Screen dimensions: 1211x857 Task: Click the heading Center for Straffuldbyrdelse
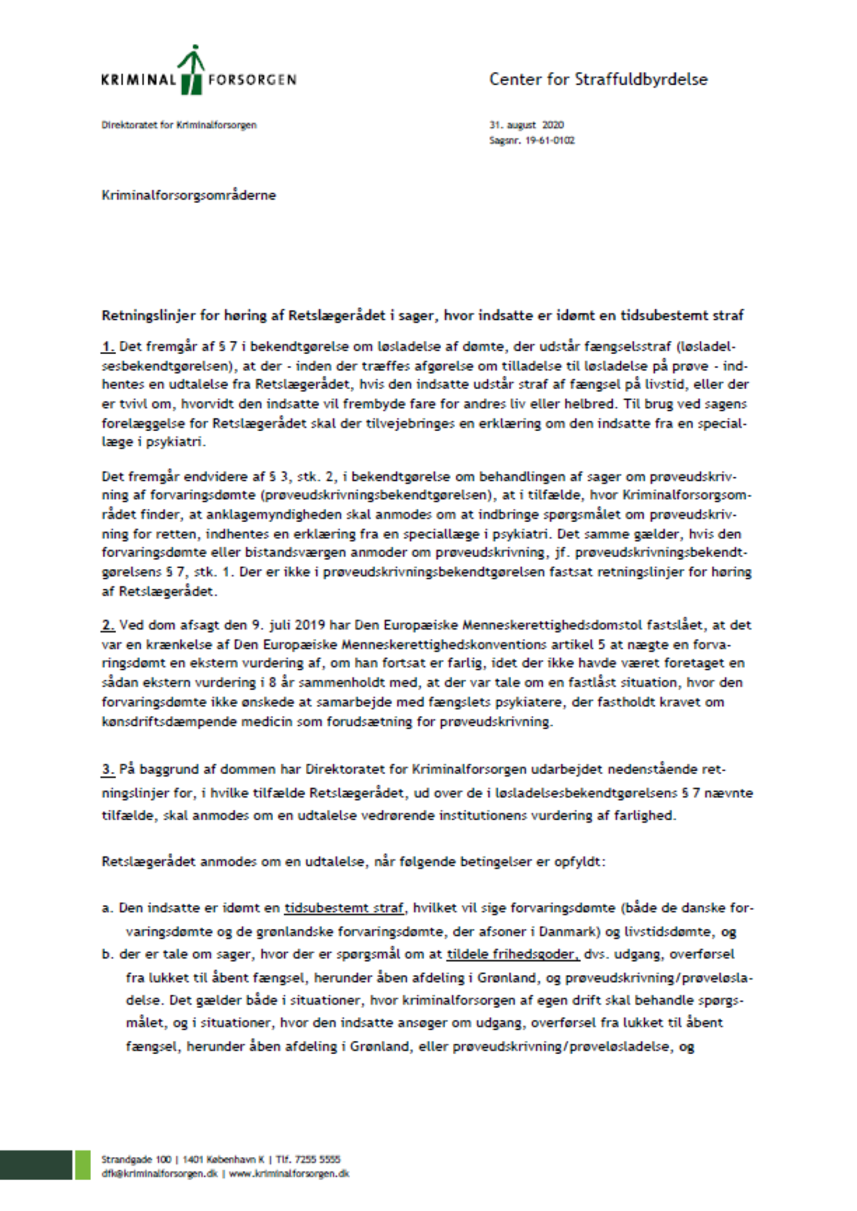point(598,80)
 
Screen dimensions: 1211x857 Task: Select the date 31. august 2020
point(526,125)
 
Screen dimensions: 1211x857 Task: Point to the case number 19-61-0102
point(550,140)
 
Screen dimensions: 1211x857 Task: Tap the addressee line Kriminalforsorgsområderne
point(189,195)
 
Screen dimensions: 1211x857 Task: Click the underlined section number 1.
point(108,346)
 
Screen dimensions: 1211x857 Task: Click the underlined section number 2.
point(108,625)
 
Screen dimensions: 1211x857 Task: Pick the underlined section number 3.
point(108,769)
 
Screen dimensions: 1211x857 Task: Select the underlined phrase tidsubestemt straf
point(344,908)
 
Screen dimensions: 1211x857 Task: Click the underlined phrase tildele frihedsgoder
point(512,954)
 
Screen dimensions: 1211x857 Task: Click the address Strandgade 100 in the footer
point(136,1160)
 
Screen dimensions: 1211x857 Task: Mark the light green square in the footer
point(82,1165)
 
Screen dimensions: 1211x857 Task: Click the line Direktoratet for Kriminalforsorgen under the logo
point(179,125)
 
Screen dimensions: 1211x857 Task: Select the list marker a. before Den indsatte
point(107,908)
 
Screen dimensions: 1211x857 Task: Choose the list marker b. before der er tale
point(107,954)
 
